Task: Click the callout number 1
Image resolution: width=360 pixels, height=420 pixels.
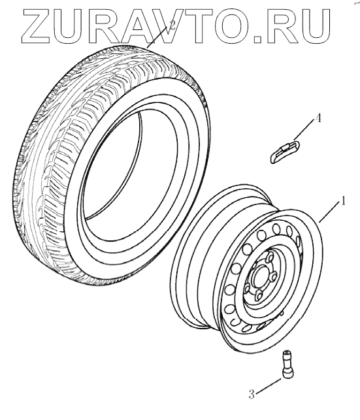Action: (342, 201)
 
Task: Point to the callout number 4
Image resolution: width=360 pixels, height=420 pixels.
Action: (318, 118)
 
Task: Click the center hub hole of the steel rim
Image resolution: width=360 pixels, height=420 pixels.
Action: (261, 278)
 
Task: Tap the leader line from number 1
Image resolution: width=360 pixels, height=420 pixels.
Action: (329, 213)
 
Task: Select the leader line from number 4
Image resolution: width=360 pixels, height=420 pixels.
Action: (304, 130)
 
